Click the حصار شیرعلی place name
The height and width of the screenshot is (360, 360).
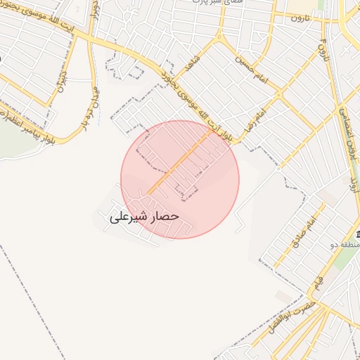(145, 217)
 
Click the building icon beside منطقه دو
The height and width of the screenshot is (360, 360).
(356, 234)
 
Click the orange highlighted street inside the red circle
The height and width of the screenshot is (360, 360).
(179, 164)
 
